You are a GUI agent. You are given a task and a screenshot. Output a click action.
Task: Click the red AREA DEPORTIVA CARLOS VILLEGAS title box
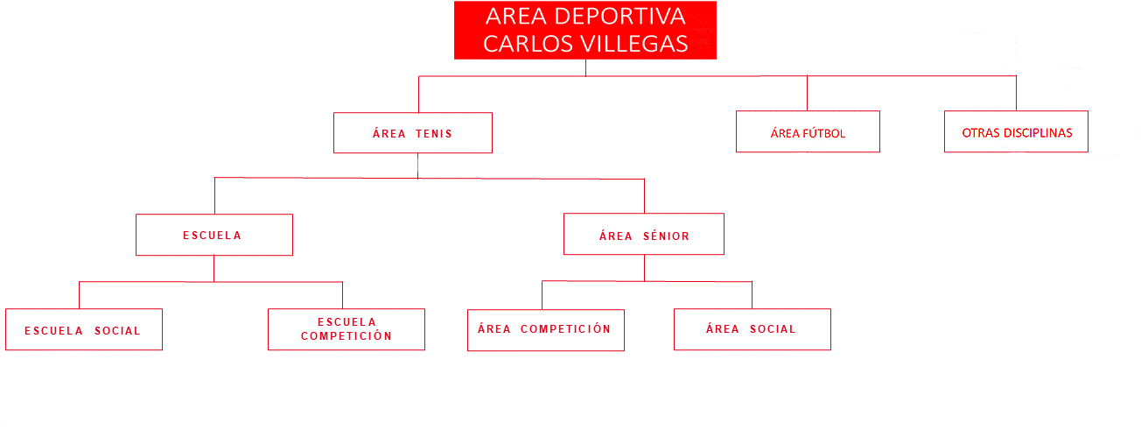(585, 30)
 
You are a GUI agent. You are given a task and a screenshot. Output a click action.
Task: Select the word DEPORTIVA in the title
(619, 17)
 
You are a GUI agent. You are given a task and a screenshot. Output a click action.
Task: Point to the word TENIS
(434, 134)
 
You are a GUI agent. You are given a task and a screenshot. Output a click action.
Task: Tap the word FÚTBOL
(824, 133)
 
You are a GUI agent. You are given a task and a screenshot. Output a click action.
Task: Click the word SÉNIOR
(666, 236)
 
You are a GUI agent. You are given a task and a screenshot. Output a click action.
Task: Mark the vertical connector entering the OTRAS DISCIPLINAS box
(1016, 94)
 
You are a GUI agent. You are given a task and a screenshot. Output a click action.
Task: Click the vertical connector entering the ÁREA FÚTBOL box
(807, 94)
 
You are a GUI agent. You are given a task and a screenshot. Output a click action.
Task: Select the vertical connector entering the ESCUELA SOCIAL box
(79, 295)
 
